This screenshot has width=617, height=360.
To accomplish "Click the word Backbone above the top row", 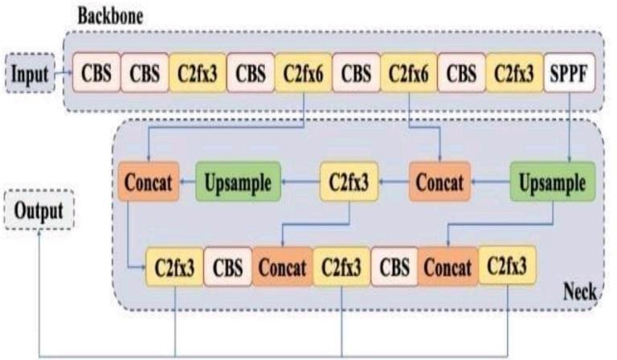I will pyautogui.click(x=112, y=15).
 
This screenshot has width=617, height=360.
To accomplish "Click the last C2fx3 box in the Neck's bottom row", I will pyautogui.click(x=507, y=266).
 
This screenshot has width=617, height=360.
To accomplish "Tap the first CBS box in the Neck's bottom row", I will pyautogui.click(x=228, y=266).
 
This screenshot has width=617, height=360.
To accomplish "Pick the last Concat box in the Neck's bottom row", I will pyautogui.click(x=447, y=266).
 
